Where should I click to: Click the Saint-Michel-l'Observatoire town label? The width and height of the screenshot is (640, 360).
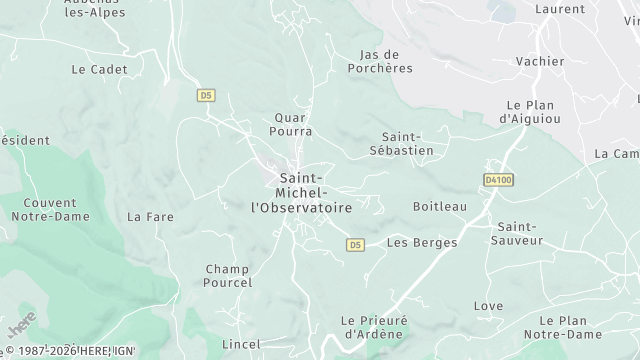[x=301, y=193]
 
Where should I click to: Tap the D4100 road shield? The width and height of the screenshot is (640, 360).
[x=497, y=180]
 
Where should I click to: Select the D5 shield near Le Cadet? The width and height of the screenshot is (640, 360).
[x=205, y=95]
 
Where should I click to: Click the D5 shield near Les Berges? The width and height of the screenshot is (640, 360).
[x=355, y=244]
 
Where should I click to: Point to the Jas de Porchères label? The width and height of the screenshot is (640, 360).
[x=379, y=61]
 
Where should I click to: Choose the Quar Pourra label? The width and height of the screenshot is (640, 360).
[x=293, y=124]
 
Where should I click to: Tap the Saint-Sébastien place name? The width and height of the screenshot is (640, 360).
[x=408, y=143]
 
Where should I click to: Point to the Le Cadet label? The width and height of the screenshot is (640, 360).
[x=93, y=70]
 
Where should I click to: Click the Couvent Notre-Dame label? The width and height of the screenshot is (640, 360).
[x=43, y=209]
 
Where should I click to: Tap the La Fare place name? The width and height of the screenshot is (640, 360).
[x=150, y=216]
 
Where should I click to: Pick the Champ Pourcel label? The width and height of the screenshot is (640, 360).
[x=229, y=275]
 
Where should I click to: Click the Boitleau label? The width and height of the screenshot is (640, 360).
[x=440, y=206]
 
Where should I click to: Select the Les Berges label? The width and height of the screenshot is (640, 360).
[x=422, y=242]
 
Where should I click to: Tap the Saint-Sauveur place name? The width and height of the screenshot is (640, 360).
[x=519, y=233]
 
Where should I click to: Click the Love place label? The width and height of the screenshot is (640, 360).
[x=488, y=306]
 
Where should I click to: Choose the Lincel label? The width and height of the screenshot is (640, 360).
[x=240, y=344]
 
